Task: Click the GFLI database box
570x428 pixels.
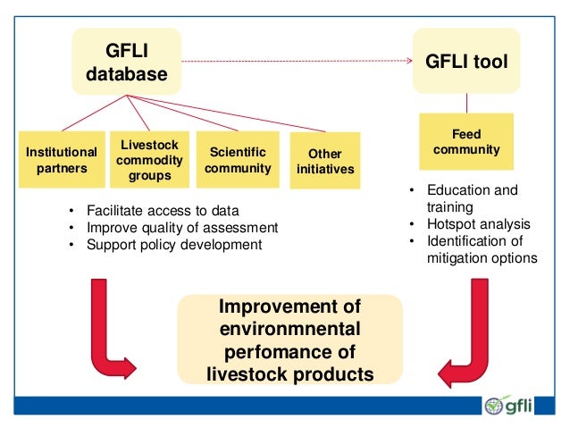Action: (x=126, y=61)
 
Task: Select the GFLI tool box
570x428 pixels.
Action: (x=466, y=62)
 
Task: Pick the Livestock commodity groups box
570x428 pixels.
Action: (x=149, y=160)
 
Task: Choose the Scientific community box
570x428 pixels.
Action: (x=237, y=159)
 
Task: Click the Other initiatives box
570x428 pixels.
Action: (x=325, y=161)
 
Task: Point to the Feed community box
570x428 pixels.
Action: (x=466, y=142)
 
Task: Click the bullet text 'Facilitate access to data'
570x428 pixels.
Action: (x=163, y=211)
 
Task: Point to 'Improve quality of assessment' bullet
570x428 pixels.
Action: (x=182, y=227)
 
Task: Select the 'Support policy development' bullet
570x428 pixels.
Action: (x=174, y=244)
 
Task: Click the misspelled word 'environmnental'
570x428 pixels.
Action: (x=290, y=330)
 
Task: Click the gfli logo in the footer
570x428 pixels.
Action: (x=508, y=406)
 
